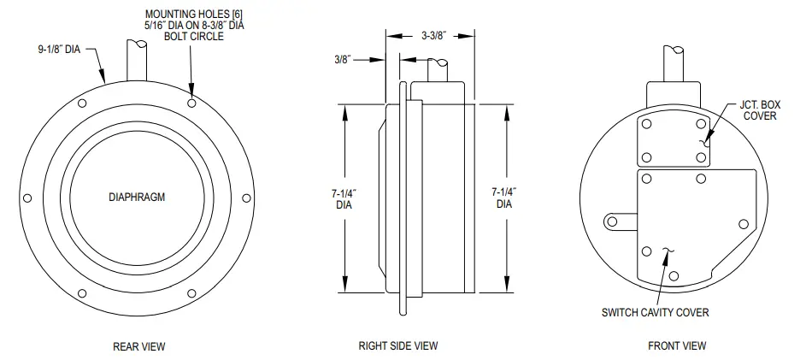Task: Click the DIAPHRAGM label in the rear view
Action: pyautogui.click(x=137, y=197)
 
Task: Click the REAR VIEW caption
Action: pyautogui.click(x=138, y=346)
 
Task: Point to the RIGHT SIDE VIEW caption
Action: pyautogui.click(x=397, y=346)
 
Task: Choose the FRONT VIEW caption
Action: pyautogui.click(x=677, y=346)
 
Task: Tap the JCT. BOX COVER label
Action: pyautogui.click(x=760, y=110)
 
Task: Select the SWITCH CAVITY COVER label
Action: pyautogui.click(x=656, y=312)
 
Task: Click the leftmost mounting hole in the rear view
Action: pyautogui.click(x=27, y=198)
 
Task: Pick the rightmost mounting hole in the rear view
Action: pyautogui.click(x=247, y=198)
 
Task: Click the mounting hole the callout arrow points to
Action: pyautogui.click(x=192, y=103)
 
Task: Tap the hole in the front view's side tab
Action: pyautogui.click(x=611, y=221)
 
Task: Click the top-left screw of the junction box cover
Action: pyautogui.click(x=647, y=125)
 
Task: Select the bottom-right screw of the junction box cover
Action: pyautogui.click(x=701, y=157)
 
